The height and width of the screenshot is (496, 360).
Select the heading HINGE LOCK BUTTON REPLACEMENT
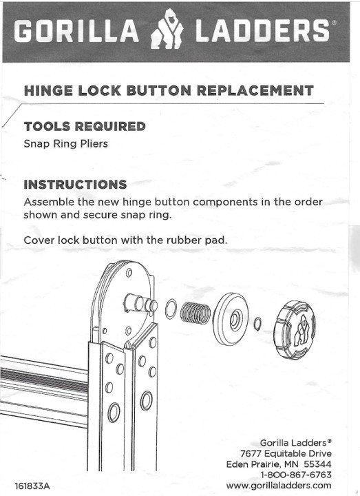[x=169, y=91]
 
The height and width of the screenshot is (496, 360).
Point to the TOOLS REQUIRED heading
[x=85, y=127]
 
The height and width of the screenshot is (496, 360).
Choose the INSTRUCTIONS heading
[x=75, y=185]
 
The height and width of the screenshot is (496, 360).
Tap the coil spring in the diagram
[x=195, y=313]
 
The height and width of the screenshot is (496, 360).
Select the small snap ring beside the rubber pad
[x=257, y=322]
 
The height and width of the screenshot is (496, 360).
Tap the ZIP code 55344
[x=317, y=464]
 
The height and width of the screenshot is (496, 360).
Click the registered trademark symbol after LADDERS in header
[x=335, y=23]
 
